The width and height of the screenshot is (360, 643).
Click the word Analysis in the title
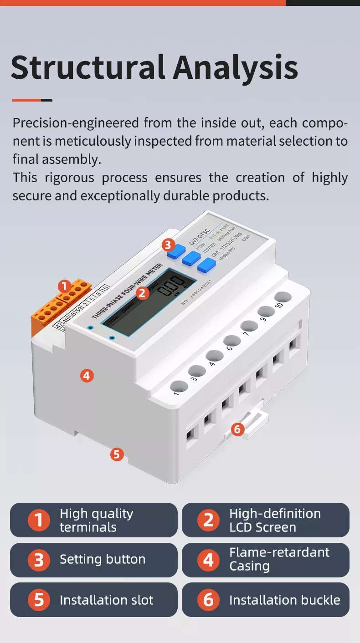click(235, 67)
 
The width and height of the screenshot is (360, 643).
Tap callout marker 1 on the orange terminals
click(64, 286)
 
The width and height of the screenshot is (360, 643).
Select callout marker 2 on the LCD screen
click(143, 293)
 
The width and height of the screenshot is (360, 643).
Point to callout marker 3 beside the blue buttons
click(168, 245)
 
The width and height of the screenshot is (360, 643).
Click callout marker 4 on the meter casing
click(87, 376)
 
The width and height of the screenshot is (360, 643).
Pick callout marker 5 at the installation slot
click(117, 454)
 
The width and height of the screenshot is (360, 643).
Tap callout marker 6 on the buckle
click(238, 429)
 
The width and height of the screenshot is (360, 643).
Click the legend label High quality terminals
click(96, 520)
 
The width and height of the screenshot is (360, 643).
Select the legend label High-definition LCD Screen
click(275, 520)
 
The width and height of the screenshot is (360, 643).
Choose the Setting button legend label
click(103, 560)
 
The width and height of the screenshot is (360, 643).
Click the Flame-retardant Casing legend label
click(279, 559)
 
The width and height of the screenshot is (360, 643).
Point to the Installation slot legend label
click(106, 600)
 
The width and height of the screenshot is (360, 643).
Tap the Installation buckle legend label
click(284, 600)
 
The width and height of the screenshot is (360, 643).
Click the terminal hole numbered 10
click(283, 297)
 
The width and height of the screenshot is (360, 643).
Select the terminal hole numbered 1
click(179, 387)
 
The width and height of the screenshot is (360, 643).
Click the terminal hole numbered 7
click(249, 326)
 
